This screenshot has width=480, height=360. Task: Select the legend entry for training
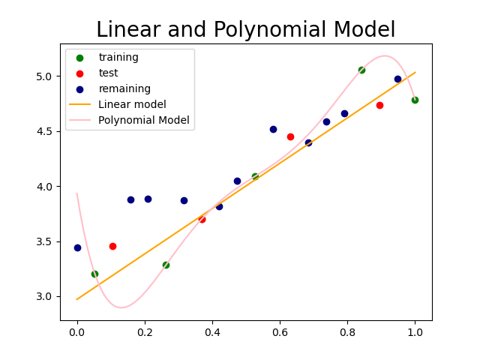click(118, 57)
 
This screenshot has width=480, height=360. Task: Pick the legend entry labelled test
click(108, 73)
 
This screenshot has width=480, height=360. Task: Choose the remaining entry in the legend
click(124, 88)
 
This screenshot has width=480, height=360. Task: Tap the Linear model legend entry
click(132, 104)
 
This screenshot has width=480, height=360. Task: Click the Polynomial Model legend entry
click(143, 120)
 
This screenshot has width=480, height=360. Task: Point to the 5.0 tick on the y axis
click(46, 76)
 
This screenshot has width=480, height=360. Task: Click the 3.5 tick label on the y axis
click(46, 241)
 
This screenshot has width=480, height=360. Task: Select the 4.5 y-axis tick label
click(46, 131)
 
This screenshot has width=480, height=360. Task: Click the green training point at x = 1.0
click(415, 100)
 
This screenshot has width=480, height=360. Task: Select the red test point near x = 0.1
click(112, 246)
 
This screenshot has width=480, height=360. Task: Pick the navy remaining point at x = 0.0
click(77, 247)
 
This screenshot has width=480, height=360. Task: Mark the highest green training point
click(361, 70)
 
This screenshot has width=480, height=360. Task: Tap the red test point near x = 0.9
click(379, 105)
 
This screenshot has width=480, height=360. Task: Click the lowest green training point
click(94, 274)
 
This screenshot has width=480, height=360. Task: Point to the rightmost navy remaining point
click(397, 79)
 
